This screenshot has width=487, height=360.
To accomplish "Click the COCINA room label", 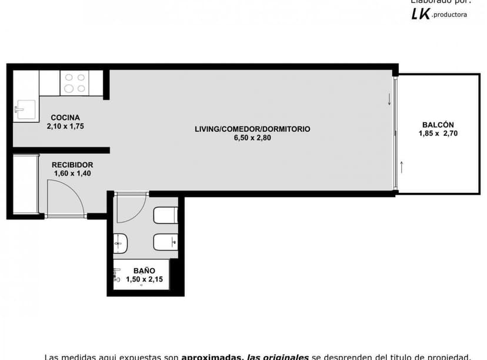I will tap(65, 117).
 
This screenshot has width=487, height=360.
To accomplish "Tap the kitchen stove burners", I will tap(74, 83).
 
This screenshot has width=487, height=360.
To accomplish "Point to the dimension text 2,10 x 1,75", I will tap(65, 126).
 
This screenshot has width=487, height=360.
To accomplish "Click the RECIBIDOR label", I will tap(72, 165).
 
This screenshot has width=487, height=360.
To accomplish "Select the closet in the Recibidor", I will tap(25, 184).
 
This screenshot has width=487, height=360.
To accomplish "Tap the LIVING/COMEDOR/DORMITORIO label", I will tap(252, 129).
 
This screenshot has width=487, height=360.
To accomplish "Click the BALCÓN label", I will tap(438, 125).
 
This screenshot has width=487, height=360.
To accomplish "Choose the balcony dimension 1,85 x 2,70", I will tap(438, 134).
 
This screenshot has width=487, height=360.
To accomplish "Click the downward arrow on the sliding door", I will tap(389, 99).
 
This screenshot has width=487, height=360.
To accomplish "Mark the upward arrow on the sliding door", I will tap(402, 166).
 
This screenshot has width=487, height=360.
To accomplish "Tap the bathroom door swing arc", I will tap(131, 208).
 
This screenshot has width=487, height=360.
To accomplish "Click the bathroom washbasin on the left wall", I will tap(121, 242).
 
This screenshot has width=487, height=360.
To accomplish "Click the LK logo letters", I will tap(421, 15).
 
